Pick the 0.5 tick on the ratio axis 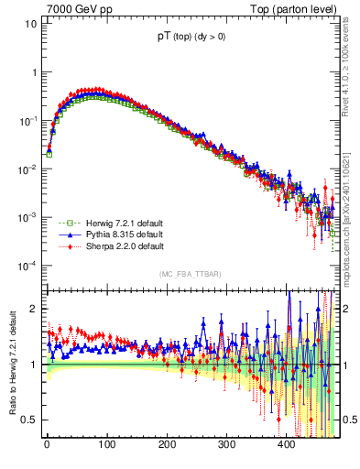pyautogui.click(x=29, y=420)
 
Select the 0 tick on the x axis pyautogui.click(x=47, y=446)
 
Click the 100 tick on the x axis pyautogui.click(x=106, y=446)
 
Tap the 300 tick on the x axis pyautogui.click(x=227, y=446)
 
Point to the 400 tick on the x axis pyautogui.click(x=288, y=446)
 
